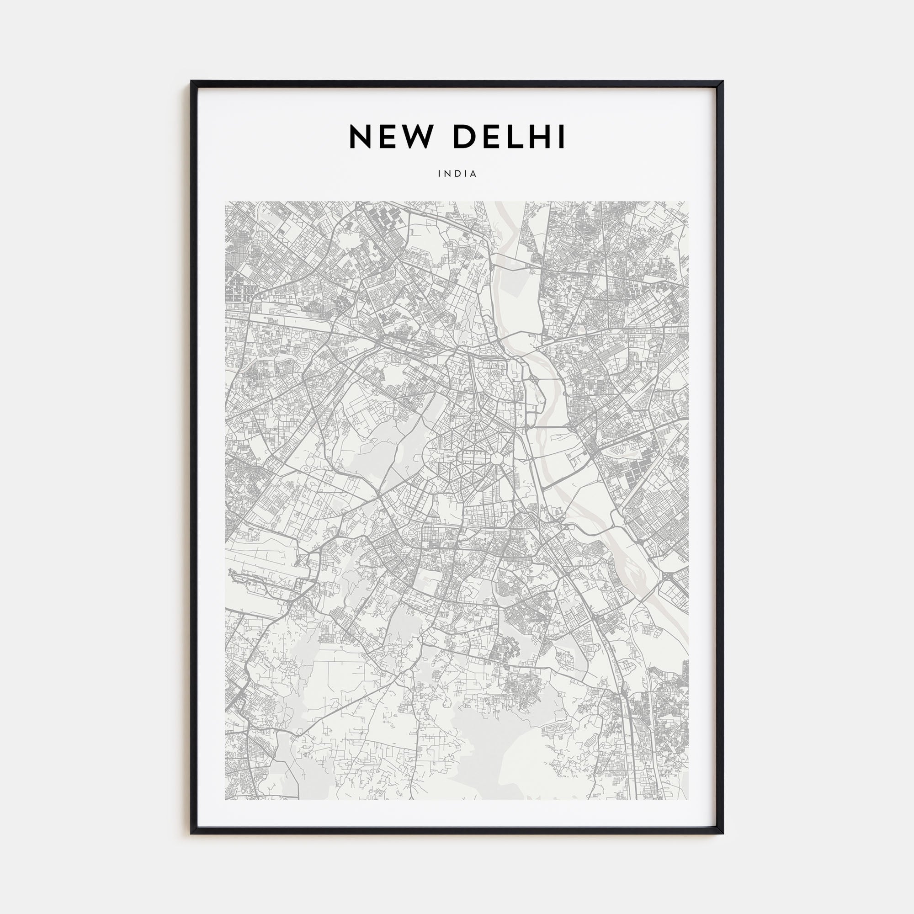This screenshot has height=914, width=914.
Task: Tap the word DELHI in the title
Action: point(509,137)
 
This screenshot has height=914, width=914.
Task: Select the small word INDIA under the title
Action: point(457,174)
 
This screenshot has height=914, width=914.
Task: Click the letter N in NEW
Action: point(360,137)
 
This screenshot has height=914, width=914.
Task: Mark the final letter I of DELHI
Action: point(562,137)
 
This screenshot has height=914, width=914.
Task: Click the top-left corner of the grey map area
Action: point(225,202)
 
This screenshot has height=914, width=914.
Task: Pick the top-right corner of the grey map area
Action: point(689,202)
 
